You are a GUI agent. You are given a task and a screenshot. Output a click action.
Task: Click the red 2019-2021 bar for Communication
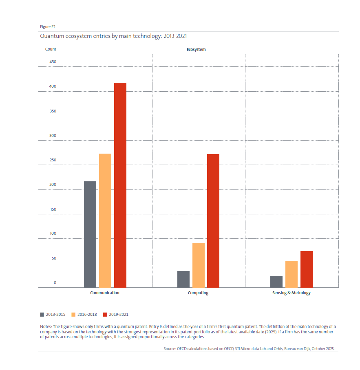[120, 185]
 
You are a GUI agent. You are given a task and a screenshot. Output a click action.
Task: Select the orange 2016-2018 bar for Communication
[105, 220]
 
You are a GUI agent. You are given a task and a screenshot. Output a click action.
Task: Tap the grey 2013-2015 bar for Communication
[90, 234]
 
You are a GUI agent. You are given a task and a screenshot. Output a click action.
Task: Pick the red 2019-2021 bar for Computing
[213, 220]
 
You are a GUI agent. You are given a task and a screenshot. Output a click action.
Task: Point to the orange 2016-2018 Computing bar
[199, 265]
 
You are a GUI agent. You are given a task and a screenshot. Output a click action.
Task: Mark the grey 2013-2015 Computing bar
[183, 279]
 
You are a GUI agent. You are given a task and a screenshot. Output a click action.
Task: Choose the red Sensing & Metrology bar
[307, 269]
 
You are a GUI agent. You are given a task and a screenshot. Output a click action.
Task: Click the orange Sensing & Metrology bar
[292, 274]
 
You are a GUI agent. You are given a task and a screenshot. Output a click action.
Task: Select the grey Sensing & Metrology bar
[276, 282]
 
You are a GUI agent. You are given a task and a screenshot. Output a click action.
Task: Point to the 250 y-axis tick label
[53, 161]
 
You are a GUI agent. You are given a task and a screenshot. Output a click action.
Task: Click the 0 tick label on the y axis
[55, 283]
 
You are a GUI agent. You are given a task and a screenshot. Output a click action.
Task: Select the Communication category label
[105, 293]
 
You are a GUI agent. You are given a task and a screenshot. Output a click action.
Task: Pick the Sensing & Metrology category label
[292, 293]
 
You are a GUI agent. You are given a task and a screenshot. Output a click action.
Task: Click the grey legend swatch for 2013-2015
[42, 314]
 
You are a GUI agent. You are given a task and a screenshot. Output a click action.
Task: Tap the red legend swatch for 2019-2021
[105, 314]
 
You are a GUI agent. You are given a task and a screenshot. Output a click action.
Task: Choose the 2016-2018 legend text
[87, 314]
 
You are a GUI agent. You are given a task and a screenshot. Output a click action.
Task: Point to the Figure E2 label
[47, 27]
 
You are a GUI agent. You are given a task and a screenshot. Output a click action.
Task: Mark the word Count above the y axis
[51, 49]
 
